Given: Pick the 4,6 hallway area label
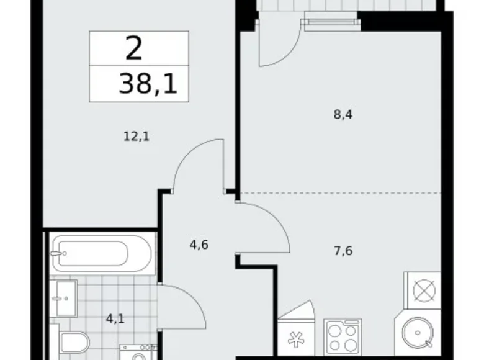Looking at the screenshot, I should tap(199, 244).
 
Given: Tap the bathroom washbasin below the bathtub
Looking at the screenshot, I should tap(63, 299).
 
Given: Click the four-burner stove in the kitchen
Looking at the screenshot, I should tap(342, 338).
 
